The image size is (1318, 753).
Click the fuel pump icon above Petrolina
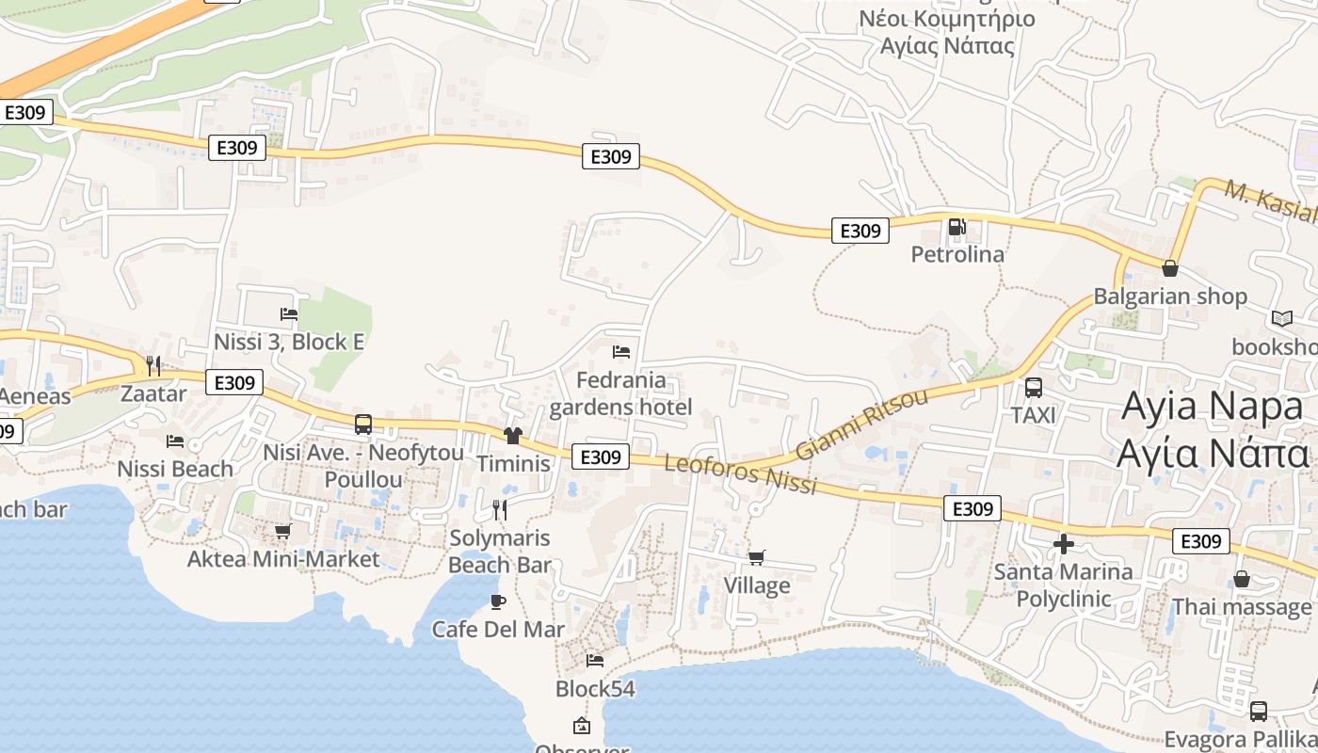tap(956, 226)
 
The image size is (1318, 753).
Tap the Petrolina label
tap(957, 254)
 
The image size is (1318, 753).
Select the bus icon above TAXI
tap(1033, 387)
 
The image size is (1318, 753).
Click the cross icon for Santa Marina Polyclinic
tap(1064, 544)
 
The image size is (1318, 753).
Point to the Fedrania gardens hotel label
tap(620, 393)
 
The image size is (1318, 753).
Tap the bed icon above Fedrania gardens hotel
tap(620, 352)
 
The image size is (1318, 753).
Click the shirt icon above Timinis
tap(513, 435)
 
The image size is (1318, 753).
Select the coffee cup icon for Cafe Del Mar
tap(498, 601)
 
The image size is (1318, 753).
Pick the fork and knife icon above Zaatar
tap(153, 365)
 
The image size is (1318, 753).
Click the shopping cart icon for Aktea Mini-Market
tap(282, 532)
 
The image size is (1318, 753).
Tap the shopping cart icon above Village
tap(756, 557)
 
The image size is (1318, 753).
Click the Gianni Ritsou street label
tap(861, 424)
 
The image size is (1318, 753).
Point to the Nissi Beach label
tap(175, 469)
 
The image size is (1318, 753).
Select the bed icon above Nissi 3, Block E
tap(289, 314)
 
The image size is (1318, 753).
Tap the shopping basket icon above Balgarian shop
tap(1169, 268)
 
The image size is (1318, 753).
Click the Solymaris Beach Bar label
tap(499, 552)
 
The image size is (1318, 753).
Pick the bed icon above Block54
tap(595, 661)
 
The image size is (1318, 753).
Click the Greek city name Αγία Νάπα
tap(1213, 454)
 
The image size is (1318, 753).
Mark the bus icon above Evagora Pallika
tap(1258, 712)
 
